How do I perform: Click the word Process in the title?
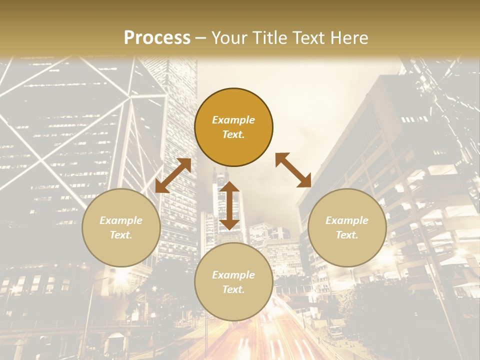click(157, 38)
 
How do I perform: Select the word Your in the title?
click(228, 38)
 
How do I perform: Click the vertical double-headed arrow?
click(229, 205)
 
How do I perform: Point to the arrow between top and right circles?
click(293, 170)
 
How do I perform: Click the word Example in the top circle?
click(233, 120)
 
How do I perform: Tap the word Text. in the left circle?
click(121, 235)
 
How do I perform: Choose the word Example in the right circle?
click(347, 220)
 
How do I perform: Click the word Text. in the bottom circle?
click(233, 289)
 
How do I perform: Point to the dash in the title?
click(201, 38)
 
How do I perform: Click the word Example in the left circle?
click(121, 220)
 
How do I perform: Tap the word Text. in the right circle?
click(347, 235)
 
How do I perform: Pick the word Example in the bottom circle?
click(233, 275)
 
